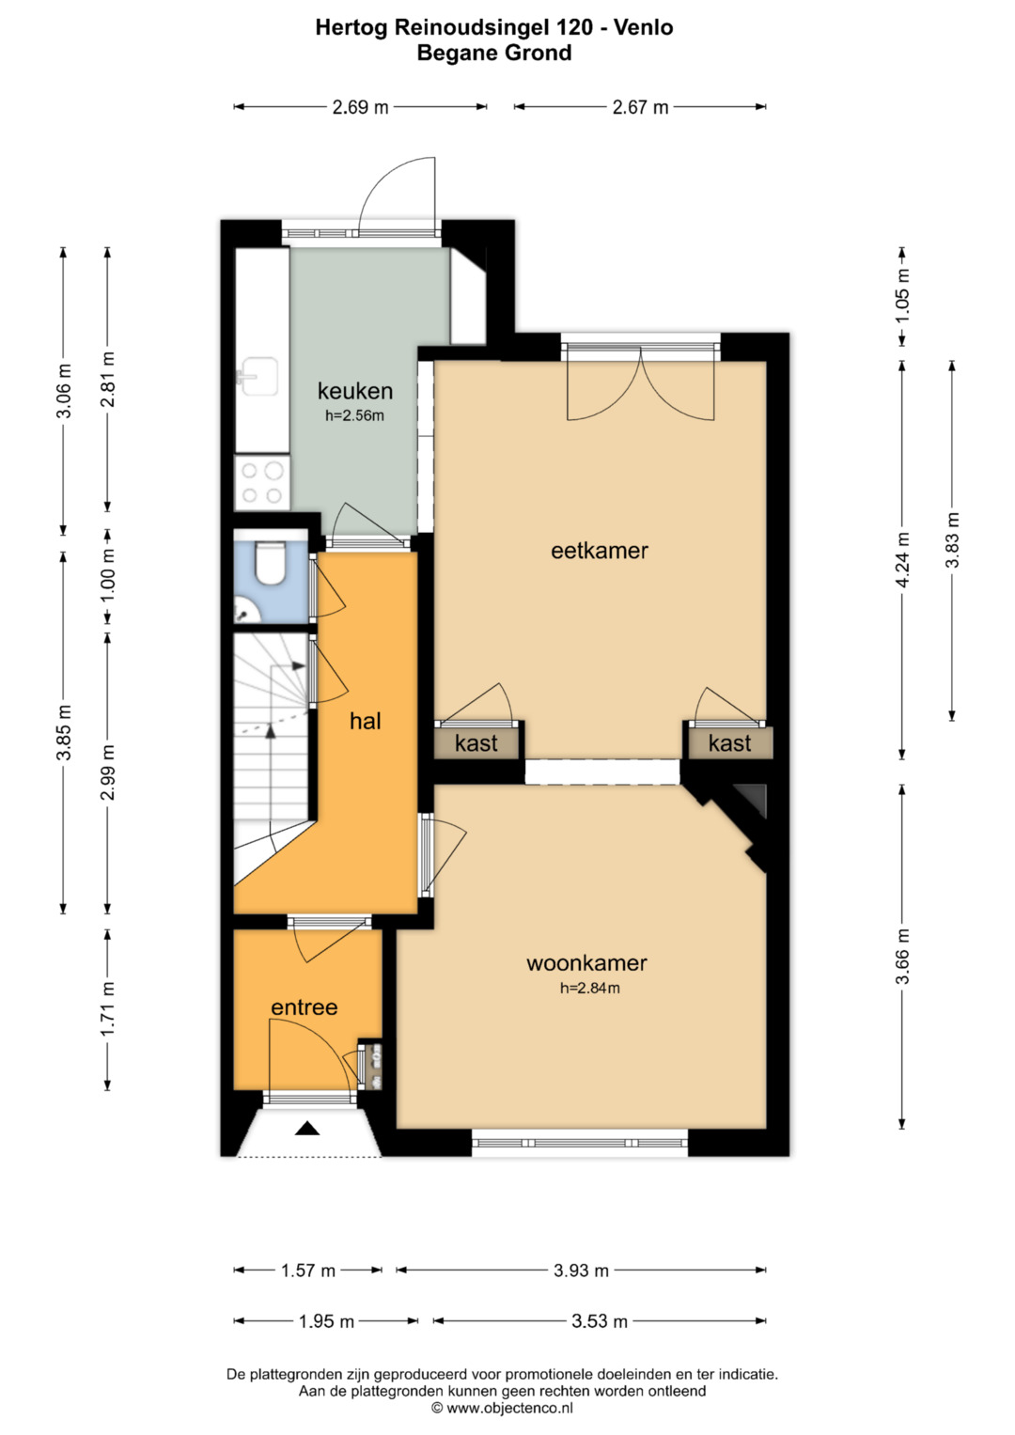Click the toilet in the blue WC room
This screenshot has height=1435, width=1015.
(x=270, y=563)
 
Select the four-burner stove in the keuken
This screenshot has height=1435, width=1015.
(x=262, y=483)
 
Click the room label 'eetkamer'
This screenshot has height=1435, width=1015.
(x=600, y=551)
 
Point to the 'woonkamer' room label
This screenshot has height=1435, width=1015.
(x=586, y=963)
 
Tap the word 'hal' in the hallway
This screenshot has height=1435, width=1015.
(x=366, y=722)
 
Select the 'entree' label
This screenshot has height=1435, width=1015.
(x=304, y=1007)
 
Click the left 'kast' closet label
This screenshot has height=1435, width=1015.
(x=476, y=743)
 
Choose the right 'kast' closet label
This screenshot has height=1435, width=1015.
(x=730, y=743)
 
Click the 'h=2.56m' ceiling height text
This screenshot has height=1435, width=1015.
(x=354, y=415)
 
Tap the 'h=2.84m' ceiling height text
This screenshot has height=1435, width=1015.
(x=589, y=988)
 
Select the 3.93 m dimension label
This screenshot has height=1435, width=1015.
(x=581, y=1271)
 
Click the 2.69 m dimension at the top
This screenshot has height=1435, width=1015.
(x=360, y=107)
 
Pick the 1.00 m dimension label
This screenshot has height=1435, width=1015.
(x=108, y=575)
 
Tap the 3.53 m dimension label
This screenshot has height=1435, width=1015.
(x=600, y=1321)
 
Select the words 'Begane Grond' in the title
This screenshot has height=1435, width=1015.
(x=494, y=53)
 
